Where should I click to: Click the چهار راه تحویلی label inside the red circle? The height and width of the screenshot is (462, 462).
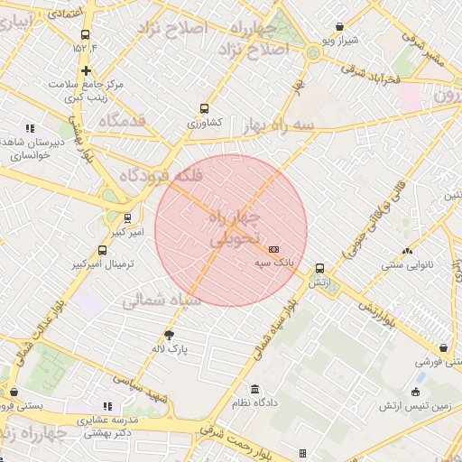tap(233, 230)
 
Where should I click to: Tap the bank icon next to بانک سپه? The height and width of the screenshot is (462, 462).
tap(274, 249)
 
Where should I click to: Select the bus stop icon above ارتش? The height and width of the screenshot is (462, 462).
tap(319, 269)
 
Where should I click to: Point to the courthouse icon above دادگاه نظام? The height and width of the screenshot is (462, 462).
tap(254, 388)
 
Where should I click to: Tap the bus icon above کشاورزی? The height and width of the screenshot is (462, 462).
tap(205, 107)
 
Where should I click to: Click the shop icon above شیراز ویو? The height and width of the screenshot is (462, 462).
tap(339, 27)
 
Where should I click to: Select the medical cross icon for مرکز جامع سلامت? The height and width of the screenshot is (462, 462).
tap(86, 70)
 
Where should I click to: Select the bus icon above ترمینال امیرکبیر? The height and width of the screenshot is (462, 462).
tap(102, 251)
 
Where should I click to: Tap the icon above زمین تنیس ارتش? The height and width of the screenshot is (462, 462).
tap(416, 393)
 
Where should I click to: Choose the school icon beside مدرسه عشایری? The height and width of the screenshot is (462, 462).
tap(109, 407)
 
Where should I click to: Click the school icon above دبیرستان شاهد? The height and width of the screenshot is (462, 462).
tap(31, 129)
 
